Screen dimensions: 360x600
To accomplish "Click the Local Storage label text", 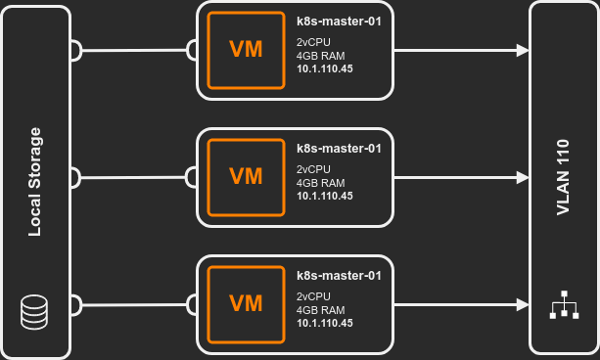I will point(35,182).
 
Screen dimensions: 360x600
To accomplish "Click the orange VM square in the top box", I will point(246,50).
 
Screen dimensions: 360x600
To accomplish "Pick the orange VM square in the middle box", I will point(246,177).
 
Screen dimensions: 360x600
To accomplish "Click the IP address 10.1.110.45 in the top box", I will point(325,69).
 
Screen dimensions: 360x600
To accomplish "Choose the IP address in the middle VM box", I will point(325,197).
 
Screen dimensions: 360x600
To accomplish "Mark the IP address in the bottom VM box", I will point(325,324).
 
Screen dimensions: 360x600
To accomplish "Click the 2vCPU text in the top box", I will point(314,42).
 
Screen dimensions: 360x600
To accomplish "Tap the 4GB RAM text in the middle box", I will point(320,182).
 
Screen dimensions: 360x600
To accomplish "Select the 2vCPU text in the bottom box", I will point(314,296).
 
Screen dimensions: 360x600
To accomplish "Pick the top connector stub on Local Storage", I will point(76,49).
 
